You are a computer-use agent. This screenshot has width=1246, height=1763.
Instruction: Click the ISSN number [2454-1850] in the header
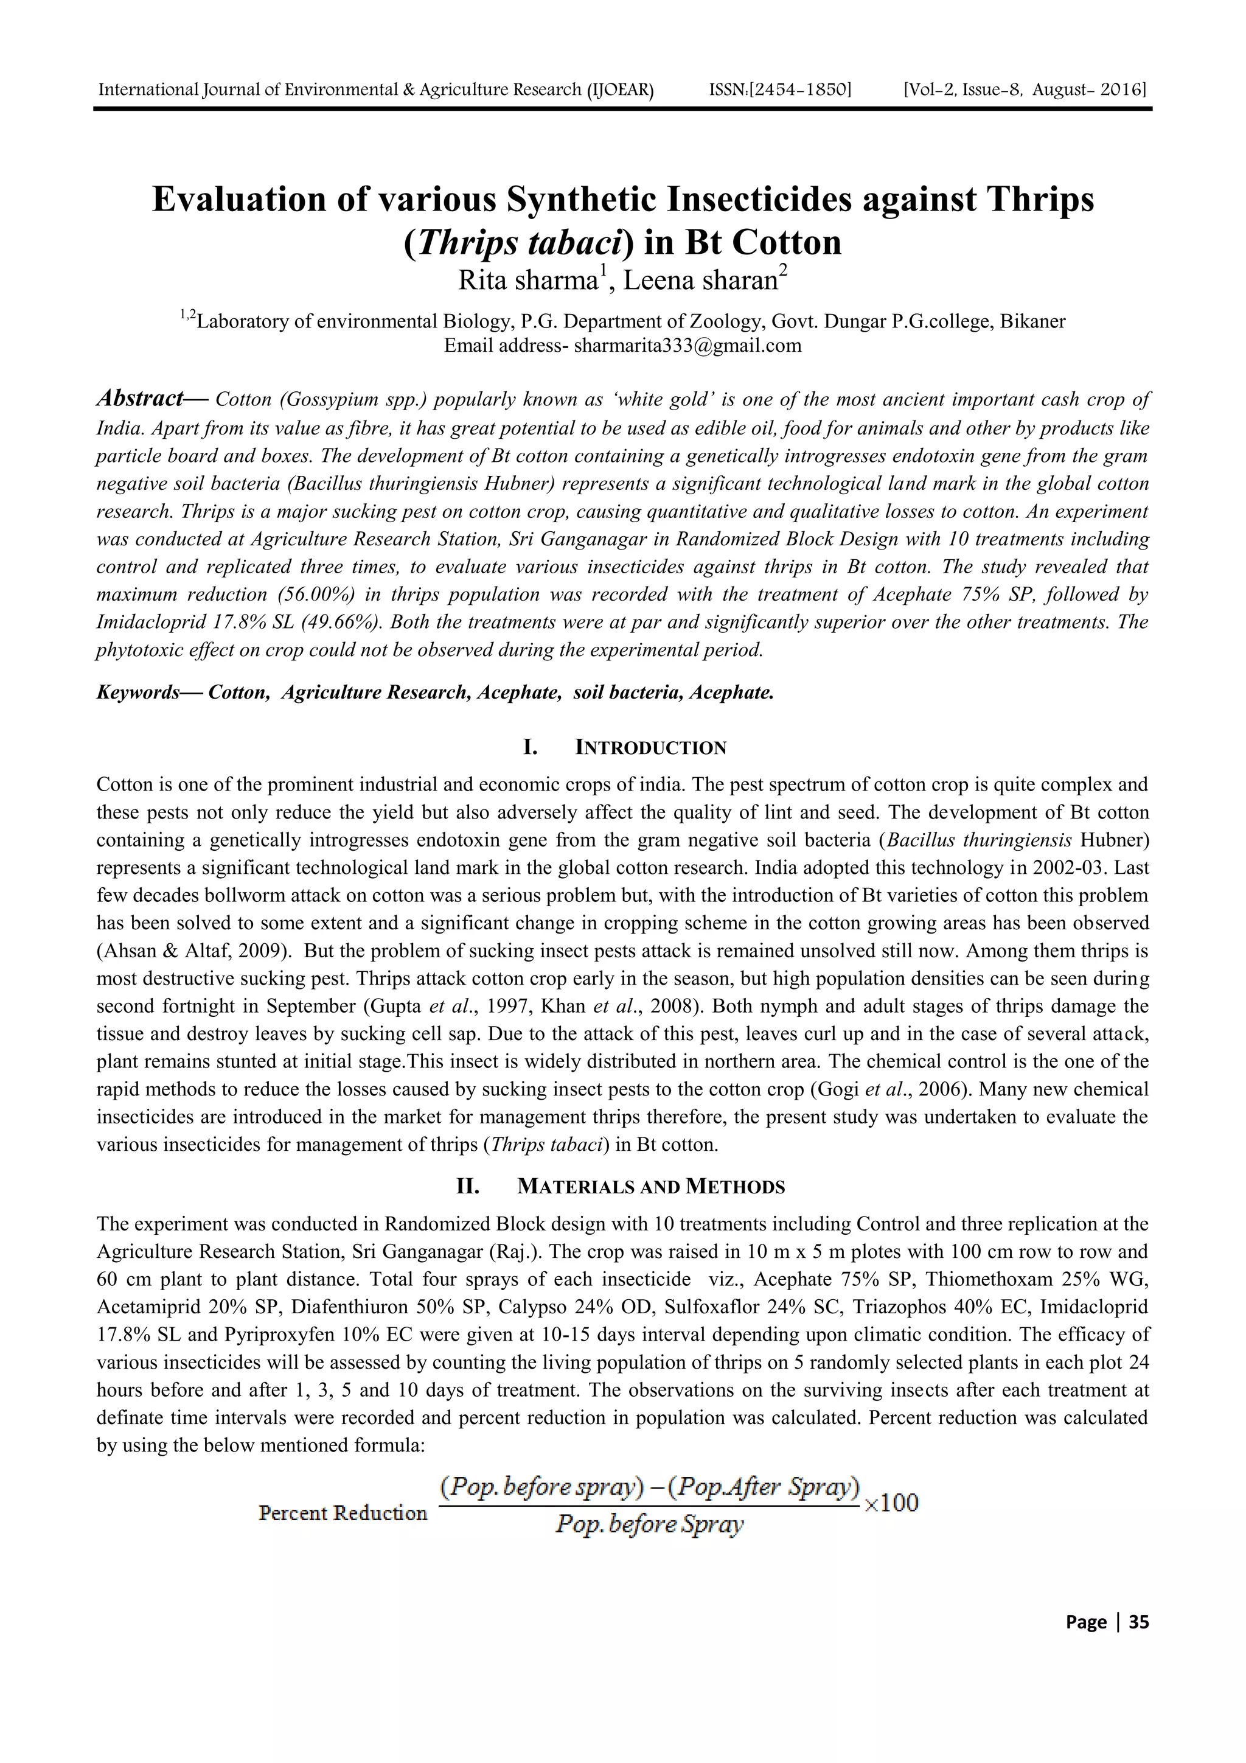780,91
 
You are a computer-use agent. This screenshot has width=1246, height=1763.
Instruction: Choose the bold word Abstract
141,399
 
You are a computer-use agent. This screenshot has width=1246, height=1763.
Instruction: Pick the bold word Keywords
138,693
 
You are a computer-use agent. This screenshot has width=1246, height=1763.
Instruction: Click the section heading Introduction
650,748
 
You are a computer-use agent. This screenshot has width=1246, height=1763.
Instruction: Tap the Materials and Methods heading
651,1187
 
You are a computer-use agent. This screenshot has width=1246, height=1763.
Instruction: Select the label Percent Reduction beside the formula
343,1513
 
